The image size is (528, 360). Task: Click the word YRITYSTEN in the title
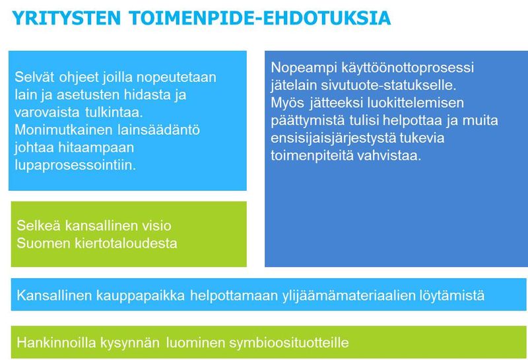click(67, 18)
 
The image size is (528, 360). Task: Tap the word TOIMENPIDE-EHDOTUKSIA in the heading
click(259, 18)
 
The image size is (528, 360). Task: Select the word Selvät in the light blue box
click(34, 77)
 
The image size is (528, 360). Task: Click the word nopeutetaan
click(176, 78)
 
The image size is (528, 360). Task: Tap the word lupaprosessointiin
click(75, 166)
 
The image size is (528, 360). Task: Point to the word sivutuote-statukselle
click(388, 85)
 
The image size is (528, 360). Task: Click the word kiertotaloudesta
click(126, 243)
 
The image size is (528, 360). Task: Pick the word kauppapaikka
click(141, 296)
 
